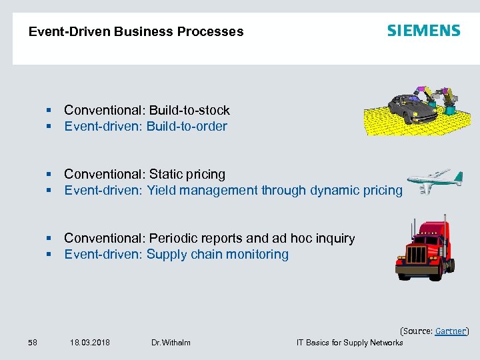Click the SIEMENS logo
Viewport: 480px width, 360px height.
coord(423,31)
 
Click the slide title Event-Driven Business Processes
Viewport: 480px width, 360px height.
coord(136,31)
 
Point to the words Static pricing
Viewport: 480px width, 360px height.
coord(187,175)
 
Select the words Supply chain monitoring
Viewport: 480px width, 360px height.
coord(217,255)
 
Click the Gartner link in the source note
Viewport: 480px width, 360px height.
coord(450,331)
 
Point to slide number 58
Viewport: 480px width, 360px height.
coord(33,343)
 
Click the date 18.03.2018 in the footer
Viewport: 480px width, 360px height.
coord(90,343)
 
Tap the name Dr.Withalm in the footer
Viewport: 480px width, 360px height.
coord(171,343)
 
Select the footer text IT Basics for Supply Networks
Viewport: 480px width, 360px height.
coord(349,343)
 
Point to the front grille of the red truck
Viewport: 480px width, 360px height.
coord(417,255)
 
